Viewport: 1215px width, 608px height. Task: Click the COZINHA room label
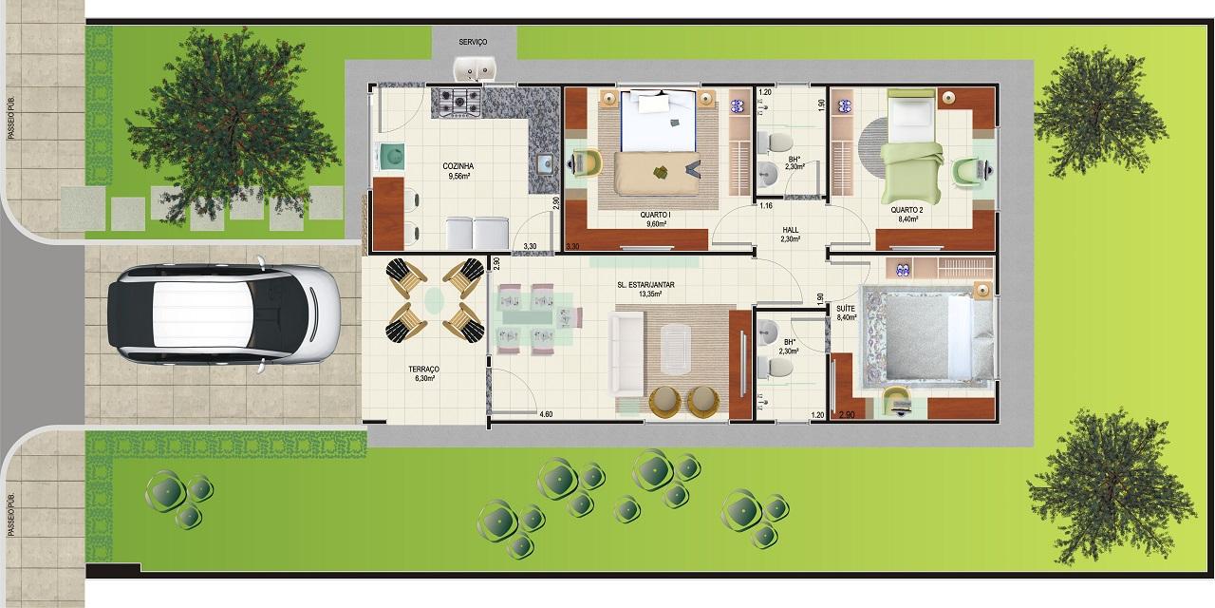(x=458, y=166)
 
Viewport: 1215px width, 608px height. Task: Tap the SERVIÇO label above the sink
(x=473, y=42)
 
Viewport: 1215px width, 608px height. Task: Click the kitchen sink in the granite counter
(x=545, y=162)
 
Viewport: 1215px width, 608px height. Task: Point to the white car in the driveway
(x=223, y=314)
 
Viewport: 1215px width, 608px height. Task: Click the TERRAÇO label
(x=423, y=370)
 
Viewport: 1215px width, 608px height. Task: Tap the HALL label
(x=791, y=230)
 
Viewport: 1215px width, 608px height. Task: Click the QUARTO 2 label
(x=907, y=210)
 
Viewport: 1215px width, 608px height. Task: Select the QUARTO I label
(x=655, y=215)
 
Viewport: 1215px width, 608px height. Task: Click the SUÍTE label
(x=846, y=309)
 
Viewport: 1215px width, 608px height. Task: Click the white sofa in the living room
(x=626, y=354)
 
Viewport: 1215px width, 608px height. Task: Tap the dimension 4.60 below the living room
(x=546, y=414)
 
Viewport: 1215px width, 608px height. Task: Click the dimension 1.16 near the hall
(x=766, y=206)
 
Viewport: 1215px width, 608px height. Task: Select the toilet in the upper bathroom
(x=775, y=142)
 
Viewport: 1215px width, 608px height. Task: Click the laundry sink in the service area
(x=475, y=68)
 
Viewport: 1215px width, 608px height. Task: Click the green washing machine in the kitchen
(x=389, y=157)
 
